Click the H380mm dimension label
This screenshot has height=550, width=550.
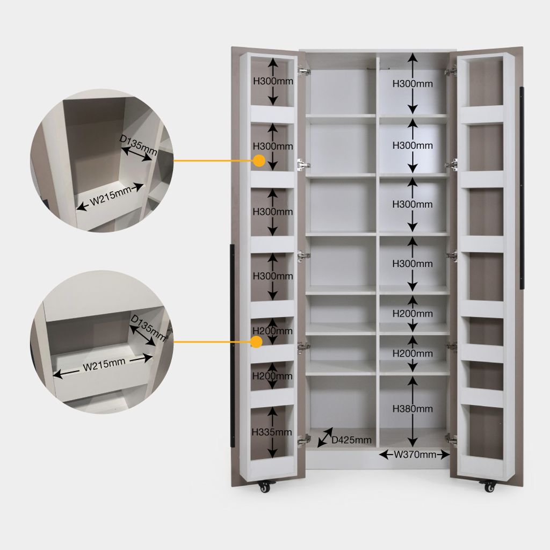(412, 409)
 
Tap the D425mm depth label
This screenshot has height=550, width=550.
(351, 440)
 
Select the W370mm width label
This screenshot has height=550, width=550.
(415, 454)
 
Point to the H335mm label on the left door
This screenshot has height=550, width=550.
(272, 432)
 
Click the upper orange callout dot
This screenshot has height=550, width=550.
(259, 161)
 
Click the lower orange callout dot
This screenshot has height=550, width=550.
(257, 342)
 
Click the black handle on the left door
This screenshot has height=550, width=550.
(232, 346)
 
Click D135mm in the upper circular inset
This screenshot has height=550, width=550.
(138, 144)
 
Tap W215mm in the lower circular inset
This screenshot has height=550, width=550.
(104, 365)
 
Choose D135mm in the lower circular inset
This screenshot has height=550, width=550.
(148, 328)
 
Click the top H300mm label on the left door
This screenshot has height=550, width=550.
(273, 81)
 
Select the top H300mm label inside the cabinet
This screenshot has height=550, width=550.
(412, 84)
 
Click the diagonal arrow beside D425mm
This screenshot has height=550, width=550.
(325, 437)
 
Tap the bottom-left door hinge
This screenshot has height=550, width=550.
(304, 439)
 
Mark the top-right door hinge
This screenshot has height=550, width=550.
(451, 71)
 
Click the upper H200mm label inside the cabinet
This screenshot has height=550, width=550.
(412, 314)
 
